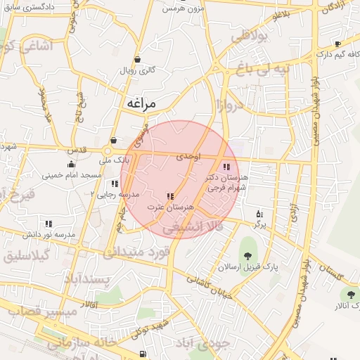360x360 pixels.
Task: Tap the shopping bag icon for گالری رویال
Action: coord(136,59)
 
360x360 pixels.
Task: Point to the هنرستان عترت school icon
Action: coord(169,196)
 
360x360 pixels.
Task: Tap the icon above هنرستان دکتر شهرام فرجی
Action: coord(226,167)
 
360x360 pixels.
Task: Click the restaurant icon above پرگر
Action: coord(259,213)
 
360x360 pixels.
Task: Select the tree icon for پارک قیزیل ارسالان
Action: coord(247,256)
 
